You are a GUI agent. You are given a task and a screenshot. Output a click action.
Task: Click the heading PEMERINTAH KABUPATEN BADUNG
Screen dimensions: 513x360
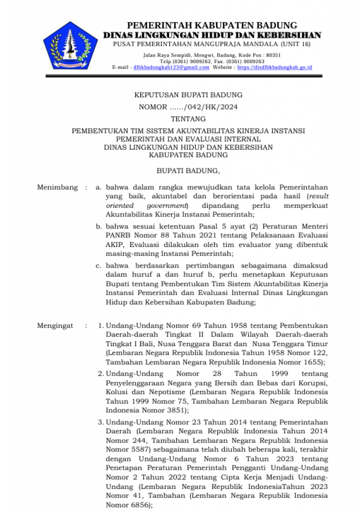[x=212, y=26]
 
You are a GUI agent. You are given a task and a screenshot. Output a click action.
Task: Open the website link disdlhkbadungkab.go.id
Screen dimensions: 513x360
[x=274, y=67]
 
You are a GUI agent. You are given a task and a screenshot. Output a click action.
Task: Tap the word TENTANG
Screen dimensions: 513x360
[x=188, y=119]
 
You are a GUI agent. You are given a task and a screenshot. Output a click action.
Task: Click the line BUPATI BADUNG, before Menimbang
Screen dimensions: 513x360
[x=188, y=171]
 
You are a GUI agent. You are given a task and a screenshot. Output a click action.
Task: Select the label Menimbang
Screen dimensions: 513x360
[x=58, y=187]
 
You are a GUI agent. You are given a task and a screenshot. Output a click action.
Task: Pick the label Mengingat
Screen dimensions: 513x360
[x=55, y=326]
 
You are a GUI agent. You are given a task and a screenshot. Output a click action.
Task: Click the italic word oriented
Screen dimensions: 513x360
[x=120, y=205]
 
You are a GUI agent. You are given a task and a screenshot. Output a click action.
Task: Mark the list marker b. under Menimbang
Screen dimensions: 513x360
[x=99, y=226]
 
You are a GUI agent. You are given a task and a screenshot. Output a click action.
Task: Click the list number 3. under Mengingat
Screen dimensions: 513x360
[x=101, y=422]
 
